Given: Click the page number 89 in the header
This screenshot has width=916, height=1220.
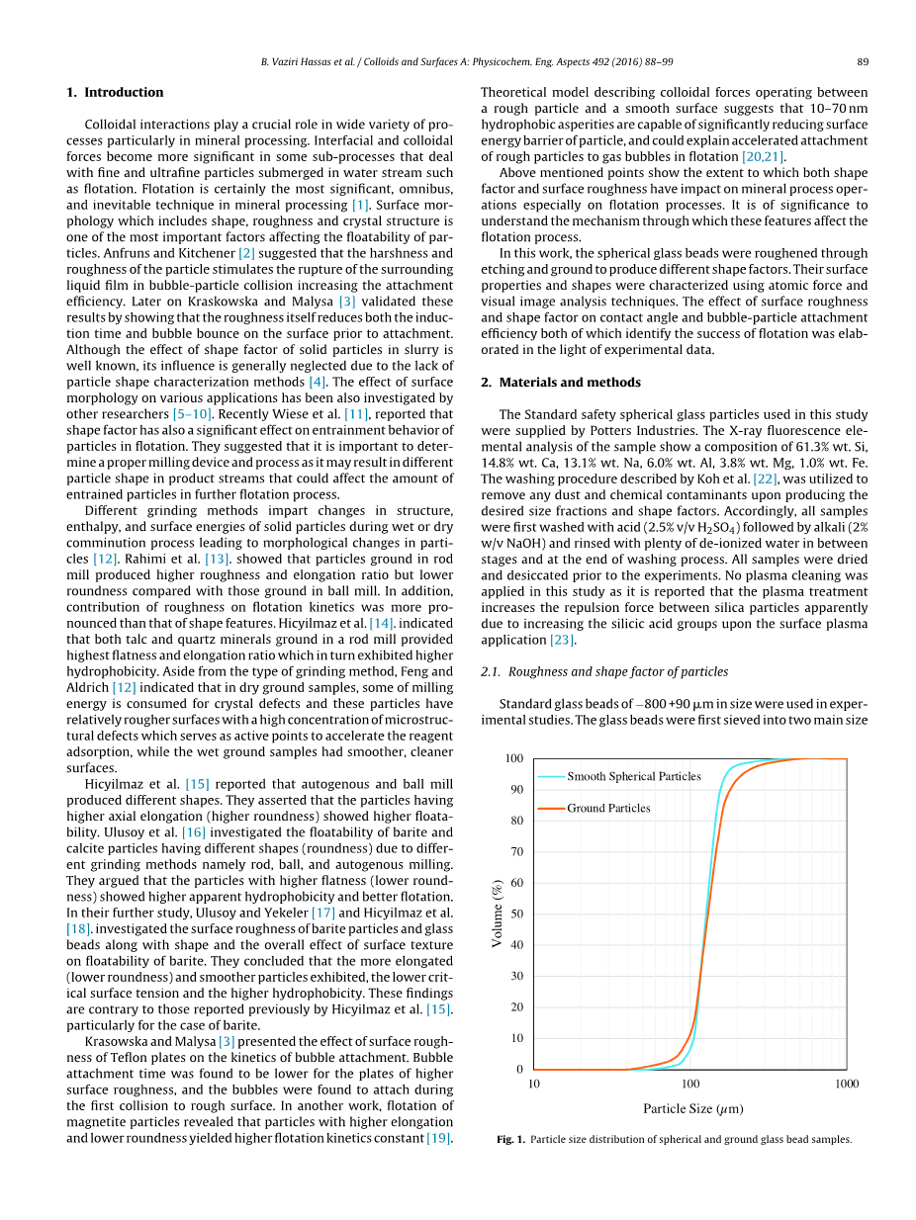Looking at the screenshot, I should coord(863,61).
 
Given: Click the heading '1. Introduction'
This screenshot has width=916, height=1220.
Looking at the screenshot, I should coord(115,92).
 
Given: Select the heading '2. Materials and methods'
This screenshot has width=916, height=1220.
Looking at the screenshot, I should coord(560,382).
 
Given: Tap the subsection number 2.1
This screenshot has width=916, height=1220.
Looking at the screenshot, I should coord(489,671).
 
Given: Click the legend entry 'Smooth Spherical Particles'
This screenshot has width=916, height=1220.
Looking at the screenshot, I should coord(633,776).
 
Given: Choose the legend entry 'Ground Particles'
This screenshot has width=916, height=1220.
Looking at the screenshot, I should coord(608,808).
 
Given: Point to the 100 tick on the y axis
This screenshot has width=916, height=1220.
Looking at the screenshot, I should coord(514,758).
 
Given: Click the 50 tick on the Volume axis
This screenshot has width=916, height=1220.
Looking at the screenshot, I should coord(517,914).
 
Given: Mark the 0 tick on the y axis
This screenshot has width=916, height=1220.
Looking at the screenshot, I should coord(519,1069).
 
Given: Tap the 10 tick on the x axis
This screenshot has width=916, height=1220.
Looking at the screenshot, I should coord(534,1084).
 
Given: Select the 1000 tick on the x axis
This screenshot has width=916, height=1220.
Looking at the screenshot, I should coord(847,1084).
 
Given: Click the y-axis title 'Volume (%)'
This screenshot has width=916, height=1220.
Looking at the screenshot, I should coord(498,914).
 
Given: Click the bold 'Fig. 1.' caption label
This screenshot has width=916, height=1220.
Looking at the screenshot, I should coord(510,1139).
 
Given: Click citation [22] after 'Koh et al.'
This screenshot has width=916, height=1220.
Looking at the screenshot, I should coord(765,479).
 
